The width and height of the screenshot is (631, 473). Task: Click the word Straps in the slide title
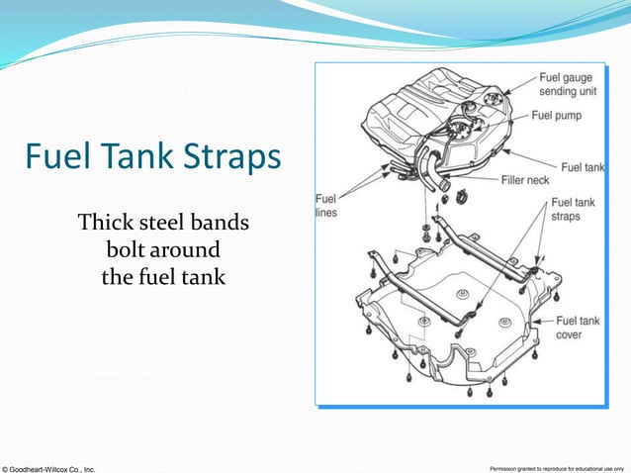pyautogui.click(x=228, y=159)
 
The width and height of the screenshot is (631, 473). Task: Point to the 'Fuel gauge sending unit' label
pyautogui.click(x=568, y=84)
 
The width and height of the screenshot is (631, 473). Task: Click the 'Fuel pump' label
pyautogui.click(x=556, y=115)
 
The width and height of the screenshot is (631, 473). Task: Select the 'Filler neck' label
pyautogui.click(x=526, y=181)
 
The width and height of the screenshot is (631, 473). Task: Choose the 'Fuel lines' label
pyautogui.click(x=326, y=204)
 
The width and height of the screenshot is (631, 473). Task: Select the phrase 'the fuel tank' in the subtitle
pyautogui.click(x=163, y=278)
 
